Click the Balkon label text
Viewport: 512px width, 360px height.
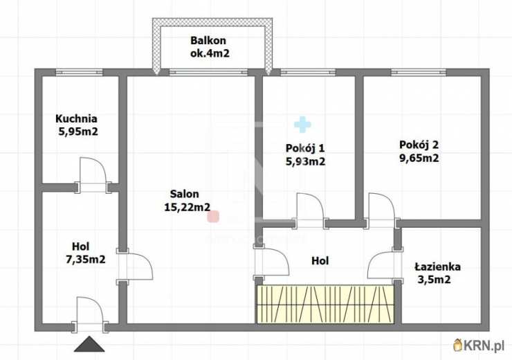pos(208,41)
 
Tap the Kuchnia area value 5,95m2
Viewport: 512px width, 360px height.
pos(78,132)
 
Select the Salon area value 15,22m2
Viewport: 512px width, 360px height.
pos(187,207)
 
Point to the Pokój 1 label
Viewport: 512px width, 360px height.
pos(305,148)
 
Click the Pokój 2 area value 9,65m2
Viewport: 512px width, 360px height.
pos(419,158)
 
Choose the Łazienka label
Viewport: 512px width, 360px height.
pos(437,267)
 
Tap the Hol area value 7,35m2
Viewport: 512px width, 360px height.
pos(86,260)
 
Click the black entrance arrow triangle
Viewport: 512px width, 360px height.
pos(89,344)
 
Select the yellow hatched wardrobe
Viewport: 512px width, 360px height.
pos(325,304)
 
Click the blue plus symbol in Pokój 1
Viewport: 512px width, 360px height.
pos(302,125)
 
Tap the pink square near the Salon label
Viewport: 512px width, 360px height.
pos(213,217)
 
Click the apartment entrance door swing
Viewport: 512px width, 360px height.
pos(90,314)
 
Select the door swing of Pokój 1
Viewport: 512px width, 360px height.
pos(310,210)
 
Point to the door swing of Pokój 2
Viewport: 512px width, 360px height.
pos(382,210)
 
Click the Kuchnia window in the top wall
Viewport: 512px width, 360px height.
pos(79,72)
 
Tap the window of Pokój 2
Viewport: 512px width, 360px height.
pos(419,72)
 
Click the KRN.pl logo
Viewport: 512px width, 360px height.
pos(479,345)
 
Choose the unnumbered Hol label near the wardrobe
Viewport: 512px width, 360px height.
pos(320,261)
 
